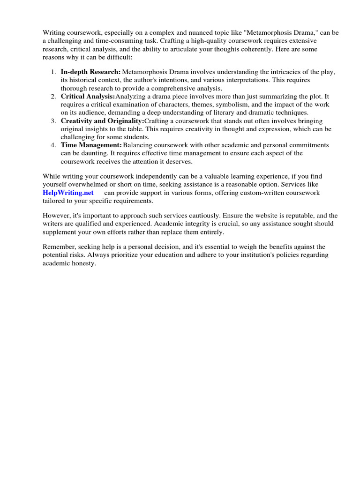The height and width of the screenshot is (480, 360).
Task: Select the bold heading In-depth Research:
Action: coord(90,72)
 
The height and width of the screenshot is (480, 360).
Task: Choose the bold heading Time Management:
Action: coord(91,145)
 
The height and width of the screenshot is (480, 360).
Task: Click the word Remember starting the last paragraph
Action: coord(59,247)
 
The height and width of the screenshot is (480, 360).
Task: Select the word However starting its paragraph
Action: coord(57,216)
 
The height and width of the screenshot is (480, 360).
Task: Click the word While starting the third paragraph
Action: coord(52,176)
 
